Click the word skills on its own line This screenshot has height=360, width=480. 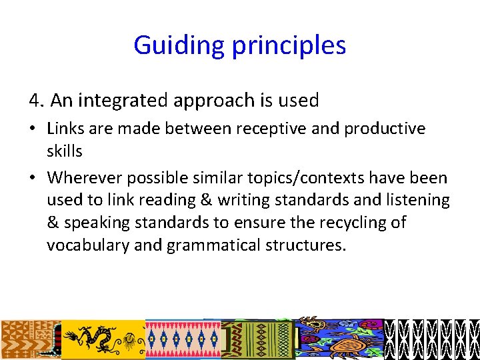(x=65, y=151)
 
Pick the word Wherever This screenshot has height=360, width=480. (x=79, y=177)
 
